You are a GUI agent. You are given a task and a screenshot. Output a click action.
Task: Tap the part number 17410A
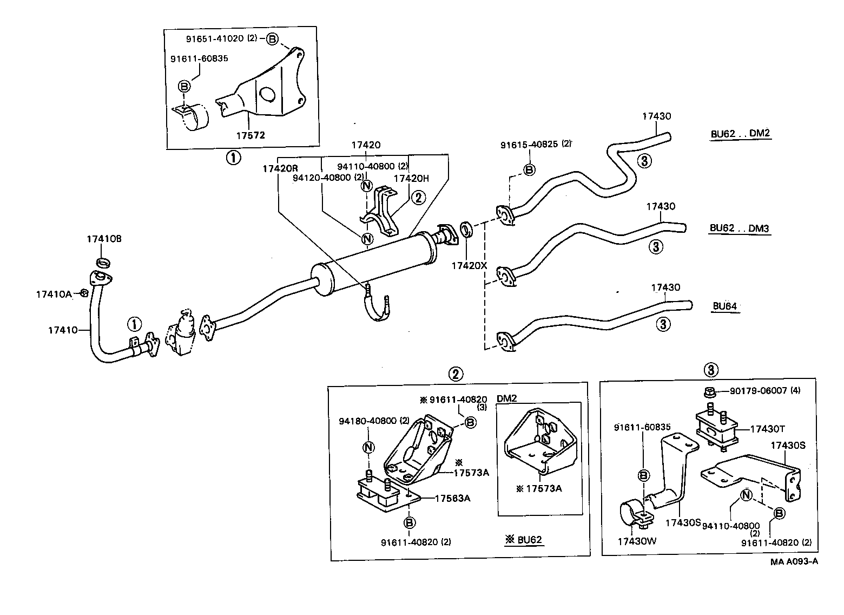(x=54, y=294)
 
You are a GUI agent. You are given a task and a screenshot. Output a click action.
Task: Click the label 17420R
(x=280, y=168)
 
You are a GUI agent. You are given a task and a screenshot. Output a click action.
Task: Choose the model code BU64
(x=724, y=306)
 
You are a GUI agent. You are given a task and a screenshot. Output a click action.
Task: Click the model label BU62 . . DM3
(x=739, y=228)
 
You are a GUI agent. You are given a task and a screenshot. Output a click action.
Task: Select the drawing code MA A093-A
(x=794, y=561)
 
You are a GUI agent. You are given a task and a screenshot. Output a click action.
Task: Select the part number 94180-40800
(x=367, y=421)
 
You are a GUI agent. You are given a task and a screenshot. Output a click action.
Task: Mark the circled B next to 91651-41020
(x=272, y=39)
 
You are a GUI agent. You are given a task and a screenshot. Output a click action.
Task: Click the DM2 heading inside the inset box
(x=507, y=398)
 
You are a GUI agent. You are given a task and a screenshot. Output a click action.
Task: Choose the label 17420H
(x=411, y=178)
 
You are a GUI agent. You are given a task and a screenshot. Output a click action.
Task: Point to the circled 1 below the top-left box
(x=233, y=158)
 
